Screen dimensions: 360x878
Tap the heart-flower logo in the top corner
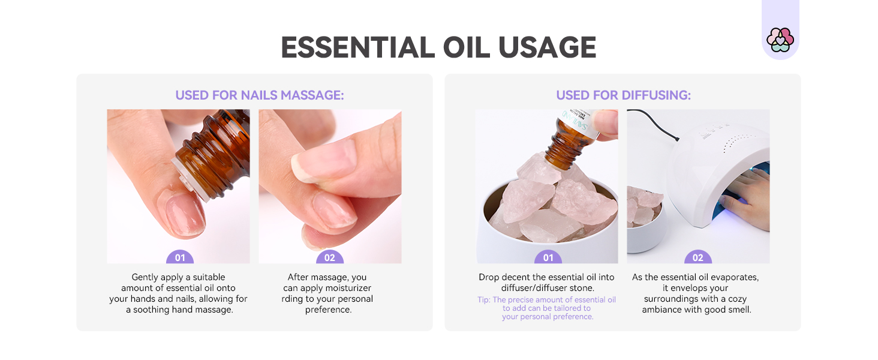(780, 40)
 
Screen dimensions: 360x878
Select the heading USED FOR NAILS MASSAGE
(260, 95)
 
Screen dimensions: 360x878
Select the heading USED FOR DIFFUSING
(623, 95)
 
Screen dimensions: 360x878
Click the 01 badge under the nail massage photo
(180, 258)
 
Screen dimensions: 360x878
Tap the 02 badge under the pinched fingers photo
(330, 258)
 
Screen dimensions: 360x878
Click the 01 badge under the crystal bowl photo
(548, 258)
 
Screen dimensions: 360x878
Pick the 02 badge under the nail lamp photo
(698, 258)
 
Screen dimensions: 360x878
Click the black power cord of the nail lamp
(654, 123)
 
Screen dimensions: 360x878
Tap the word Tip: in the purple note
(484, 299)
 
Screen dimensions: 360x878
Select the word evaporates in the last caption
(736, 277)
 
